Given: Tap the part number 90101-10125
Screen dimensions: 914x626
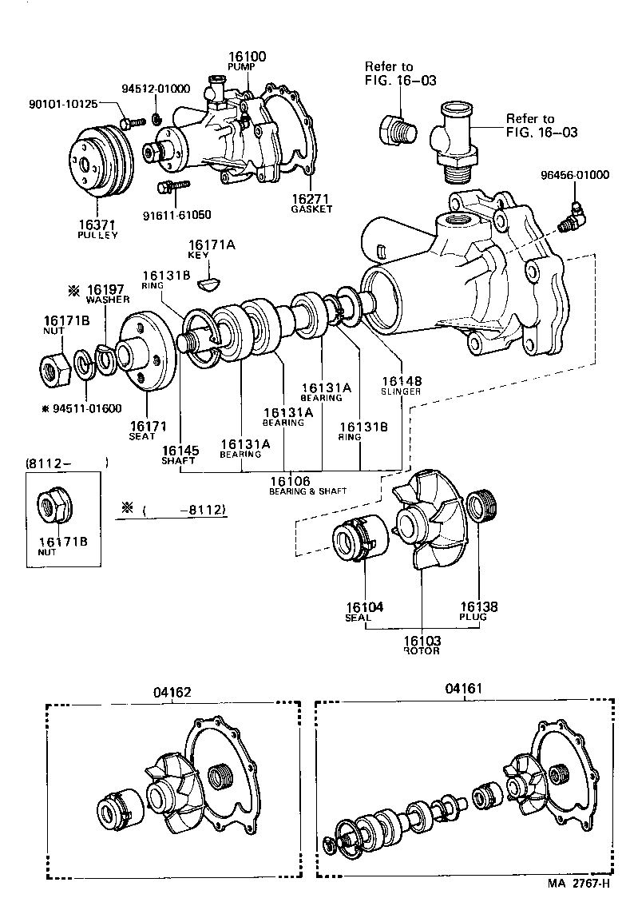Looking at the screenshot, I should point(62,104).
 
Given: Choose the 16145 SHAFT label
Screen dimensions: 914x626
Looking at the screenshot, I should point(180,455).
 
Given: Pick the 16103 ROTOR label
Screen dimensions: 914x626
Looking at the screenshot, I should point(422,645).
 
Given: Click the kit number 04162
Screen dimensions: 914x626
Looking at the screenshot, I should point(172,692).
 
